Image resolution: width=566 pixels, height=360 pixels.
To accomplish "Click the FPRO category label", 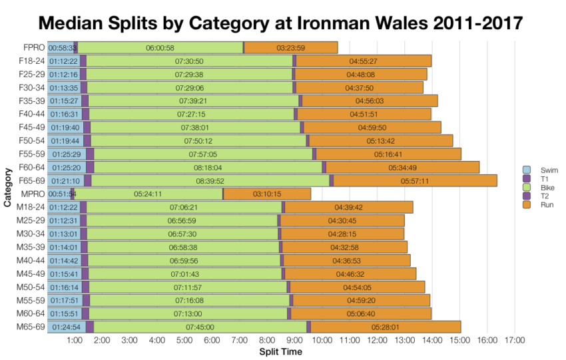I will click(33, 48).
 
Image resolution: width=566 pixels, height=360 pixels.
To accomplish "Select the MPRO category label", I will click(32, 194).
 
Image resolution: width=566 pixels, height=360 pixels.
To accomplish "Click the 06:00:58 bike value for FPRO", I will click(160, 48).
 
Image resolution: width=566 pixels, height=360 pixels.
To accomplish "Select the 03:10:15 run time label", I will click(267, 194).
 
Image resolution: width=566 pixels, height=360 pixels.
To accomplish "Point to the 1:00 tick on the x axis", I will click(75, 341).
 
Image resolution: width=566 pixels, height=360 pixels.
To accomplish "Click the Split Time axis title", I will click(280, 351).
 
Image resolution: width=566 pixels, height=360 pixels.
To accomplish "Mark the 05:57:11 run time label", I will click(415, 180).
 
